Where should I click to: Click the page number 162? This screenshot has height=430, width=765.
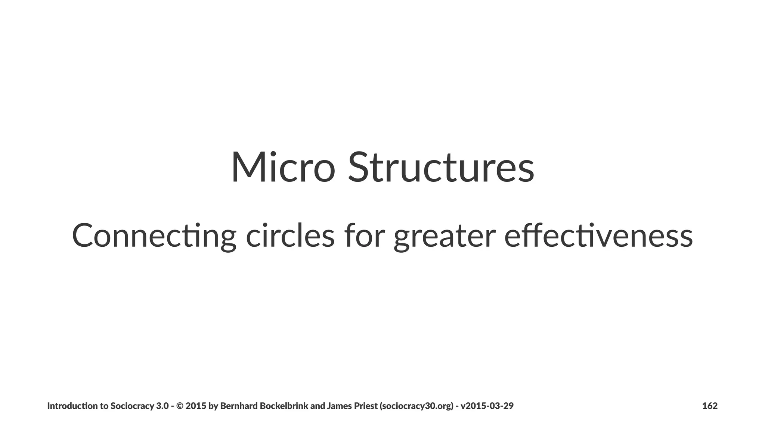click(710, 406)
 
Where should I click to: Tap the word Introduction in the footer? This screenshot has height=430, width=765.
click(73, 406)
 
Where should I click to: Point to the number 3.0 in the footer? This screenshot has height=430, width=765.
click(162, 406)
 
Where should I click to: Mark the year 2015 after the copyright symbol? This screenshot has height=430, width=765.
click(196, 406)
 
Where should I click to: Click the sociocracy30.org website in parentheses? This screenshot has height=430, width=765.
click(416, 406)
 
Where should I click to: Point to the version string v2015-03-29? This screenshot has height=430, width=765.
click(487, 406)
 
